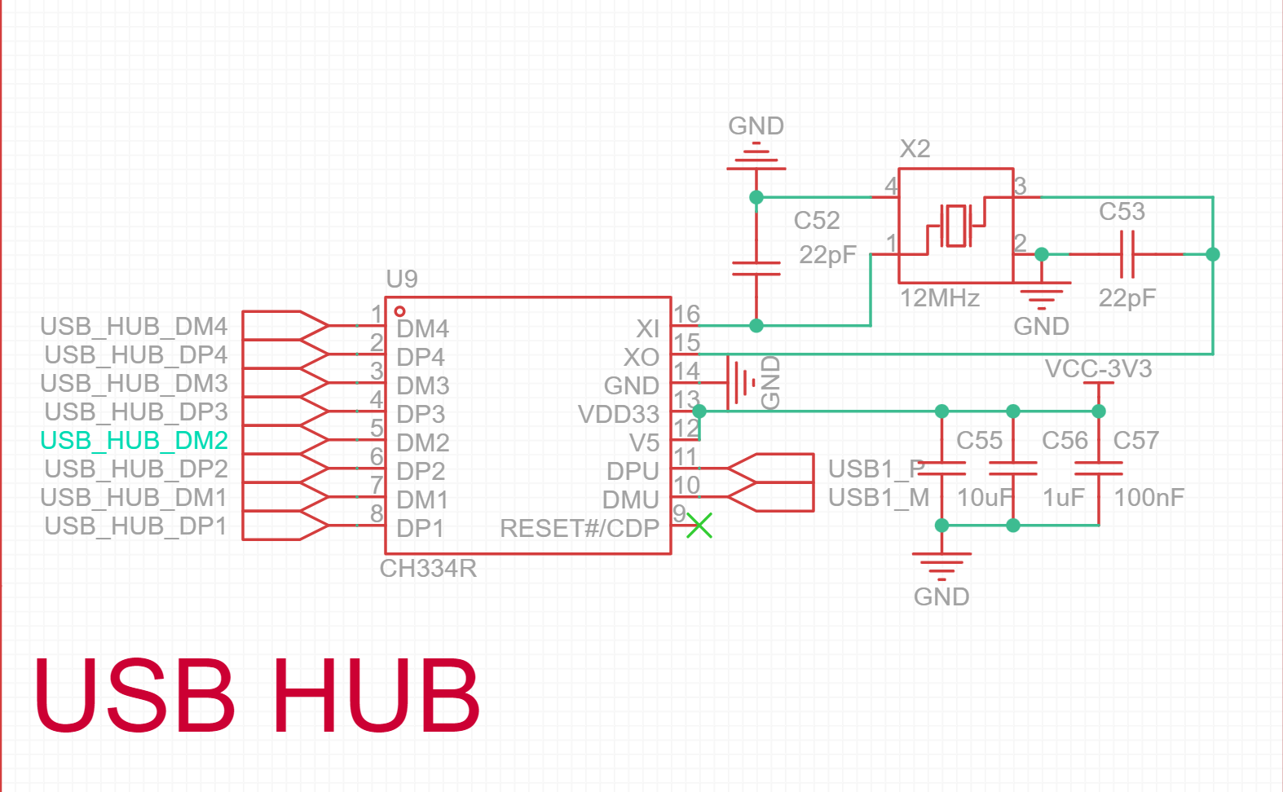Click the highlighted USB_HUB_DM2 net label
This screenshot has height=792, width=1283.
pos(134,441)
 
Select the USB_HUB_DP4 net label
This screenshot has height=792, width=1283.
pos(135,355)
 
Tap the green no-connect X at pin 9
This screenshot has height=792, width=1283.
pos(699,526)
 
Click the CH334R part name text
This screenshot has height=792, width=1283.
pos(428,568)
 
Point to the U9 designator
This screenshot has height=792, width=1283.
pos(402,279)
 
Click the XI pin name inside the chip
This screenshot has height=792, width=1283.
pos(648,328)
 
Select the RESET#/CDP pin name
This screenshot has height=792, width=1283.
pos(579,528)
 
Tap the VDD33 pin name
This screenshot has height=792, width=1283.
pos(618,414)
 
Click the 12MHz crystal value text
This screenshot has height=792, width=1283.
pos(939,298)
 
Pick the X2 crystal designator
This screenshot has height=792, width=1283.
pos(915,148)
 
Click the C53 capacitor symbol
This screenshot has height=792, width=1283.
pos(1127,254)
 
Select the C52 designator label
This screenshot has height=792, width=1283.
pos(817,221)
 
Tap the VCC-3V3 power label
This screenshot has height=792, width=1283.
pos(1098,369)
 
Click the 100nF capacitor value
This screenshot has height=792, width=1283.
pos(1149,497)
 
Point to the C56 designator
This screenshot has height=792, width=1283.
pos(1065,441)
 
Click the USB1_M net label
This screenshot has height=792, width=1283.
pos(879,497)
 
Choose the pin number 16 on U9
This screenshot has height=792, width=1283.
pos(686,314)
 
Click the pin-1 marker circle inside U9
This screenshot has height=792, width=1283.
pos(399,311)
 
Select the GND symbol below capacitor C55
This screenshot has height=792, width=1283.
pos(941,566)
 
